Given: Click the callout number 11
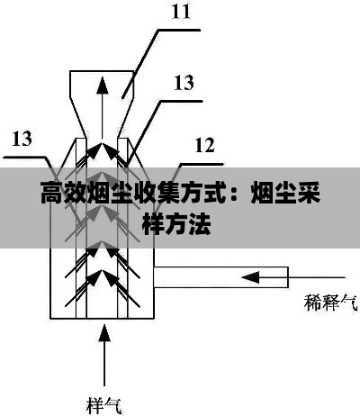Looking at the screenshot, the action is [x=181, y=12].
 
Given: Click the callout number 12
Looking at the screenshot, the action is [x=205, y=145].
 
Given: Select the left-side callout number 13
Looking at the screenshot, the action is [x=22, y=139].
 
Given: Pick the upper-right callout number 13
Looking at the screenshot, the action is [x=184, y=83].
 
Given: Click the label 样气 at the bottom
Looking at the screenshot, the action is [x=104, y=405].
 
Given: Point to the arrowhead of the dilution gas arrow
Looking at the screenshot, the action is [x=250, y=277].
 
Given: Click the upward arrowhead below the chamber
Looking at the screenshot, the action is [x=104, y=332].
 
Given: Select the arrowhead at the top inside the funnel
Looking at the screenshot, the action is [x=103, y=86].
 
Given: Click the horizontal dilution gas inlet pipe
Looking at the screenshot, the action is [x=221, y=277].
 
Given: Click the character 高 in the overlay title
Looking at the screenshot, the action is [x=52, y=193].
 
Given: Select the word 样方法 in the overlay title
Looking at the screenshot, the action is [x=176, y=223].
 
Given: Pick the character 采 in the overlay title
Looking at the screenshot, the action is [x=309, y=193].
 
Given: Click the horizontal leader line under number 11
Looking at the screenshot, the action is [x=179, y=30].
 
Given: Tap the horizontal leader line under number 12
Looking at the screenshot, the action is [x=202, y=164].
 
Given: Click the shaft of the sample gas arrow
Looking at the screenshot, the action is [x=104, y=364].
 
